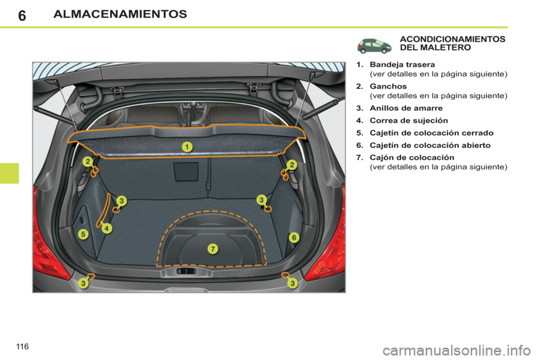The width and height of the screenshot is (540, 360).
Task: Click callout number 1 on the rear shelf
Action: click(187, 147)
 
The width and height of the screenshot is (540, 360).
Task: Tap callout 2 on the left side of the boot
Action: click(88, 162)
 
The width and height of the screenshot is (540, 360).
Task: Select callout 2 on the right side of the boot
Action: click(292, 164)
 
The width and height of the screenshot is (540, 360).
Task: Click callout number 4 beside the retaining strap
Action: click(106, 228)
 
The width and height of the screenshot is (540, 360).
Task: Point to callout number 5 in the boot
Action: click(83, 233)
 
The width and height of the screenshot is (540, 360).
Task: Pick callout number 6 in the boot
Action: click(293, 238)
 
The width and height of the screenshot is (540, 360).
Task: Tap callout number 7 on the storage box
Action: click(213, 248)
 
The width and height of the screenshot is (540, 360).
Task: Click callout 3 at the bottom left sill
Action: click(83, 283)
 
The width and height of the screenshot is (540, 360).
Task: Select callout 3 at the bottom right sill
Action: click(292, 283)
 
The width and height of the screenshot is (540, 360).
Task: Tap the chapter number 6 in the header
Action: click(21, 15)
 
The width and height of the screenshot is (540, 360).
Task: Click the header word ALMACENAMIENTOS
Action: click(120, 14)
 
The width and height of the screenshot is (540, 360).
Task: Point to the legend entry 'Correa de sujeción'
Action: click(408, 120)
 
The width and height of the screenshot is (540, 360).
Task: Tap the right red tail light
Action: click(328, 236)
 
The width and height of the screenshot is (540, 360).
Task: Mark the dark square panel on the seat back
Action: click(186, 172)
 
